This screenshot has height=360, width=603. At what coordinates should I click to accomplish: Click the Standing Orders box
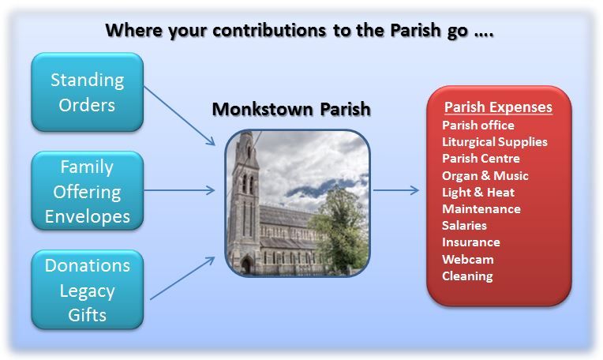(88, 92)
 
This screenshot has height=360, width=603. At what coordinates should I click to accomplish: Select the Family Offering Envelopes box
(88, 191)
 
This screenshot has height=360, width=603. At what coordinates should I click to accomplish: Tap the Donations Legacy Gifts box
(88, 290)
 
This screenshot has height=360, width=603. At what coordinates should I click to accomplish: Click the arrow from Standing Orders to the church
(179, 116)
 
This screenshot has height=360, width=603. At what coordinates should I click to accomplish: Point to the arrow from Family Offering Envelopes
(179, 190)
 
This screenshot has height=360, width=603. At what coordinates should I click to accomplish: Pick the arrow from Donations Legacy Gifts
(182, 278)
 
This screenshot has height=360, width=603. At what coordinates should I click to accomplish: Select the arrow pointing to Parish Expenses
(396, 190)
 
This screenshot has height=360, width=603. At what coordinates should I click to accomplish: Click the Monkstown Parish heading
(291, 109)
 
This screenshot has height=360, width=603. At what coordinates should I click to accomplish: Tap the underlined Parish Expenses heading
(498, 107)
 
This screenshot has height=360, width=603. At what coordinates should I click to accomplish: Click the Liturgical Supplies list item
(495, 142)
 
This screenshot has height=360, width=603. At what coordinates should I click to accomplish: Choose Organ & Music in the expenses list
(485, 176)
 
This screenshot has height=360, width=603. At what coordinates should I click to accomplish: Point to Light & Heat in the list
(478, 193)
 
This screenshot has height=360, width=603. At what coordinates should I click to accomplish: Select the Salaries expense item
(464, 225)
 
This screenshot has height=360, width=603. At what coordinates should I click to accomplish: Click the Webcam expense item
(467, 259)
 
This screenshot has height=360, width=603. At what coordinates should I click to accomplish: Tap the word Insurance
(471, 242)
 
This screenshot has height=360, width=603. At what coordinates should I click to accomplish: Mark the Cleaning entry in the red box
(467, 276)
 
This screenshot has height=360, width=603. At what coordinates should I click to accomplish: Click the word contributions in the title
(269, 30)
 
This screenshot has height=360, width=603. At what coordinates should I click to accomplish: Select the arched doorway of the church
(246, 265)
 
